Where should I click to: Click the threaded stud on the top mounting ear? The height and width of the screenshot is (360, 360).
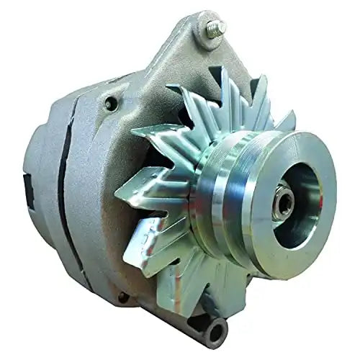[x=215, y=27]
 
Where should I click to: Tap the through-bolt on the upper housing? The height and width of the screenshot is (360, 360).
[x=109, y=104]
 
